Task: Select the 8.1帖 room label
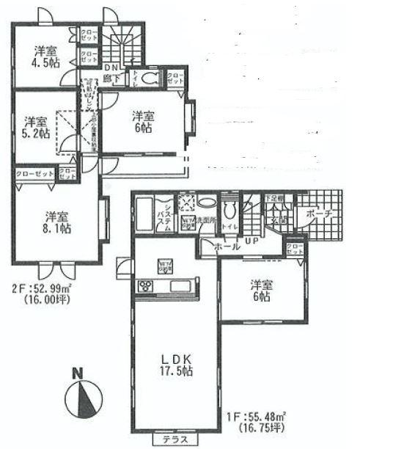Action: click(x=56, y=222)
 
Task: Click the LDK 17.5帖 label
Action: click(x=177, y=365)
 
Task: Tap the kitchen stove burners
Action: click(x=144, y=286)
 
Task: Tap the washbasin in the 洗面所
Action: click(x=206, y=203)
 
